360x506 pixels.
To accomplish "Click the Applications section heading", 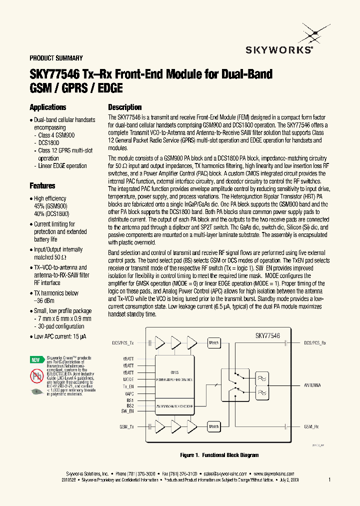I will tap(48, 107).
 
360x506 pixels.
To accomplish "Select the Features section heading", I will tap(42, 186).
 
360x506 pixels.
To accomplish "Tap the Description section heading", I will tap(125, 107).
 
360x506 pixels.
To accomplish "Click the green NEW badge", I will tap(35, 359).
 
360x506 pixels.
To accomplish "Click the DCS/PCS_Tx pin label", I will tap(122, 343).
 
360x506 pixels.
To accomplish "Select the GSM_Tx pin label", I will tap(126, 427).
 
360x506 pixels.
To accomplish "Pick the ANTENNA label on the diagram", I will tap(312, 385).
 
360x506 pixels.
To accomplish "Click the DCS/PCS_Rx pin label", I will tap(315, 343).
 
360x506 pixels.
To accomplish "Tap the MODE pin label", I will tap(128, 379).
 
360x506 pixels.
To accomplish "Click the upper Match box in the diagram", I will tap(214, 343).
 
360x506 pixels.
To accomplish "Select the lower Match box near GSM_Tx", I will tap(214, 427).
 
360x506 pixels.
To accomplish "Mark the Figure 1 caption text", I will tap(219, 455).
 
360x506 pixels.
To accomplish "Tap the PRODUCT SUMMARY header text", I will tap(56, 58).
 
